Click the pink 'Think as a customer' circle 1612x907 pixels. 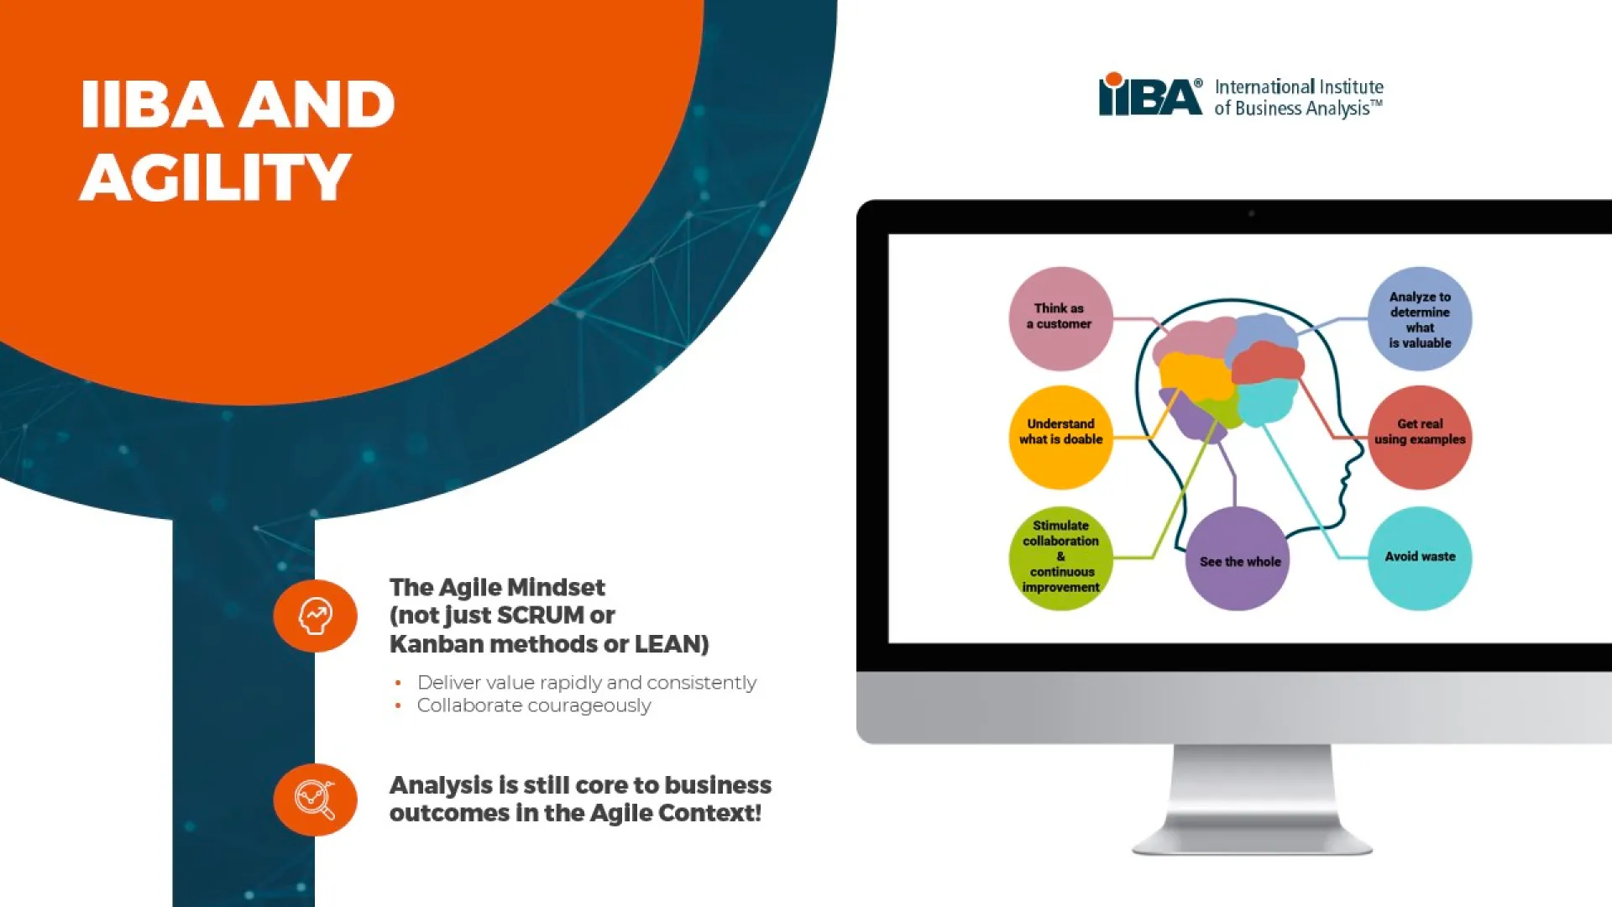[1060, 319]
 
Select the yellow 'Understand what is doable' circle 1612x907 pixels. [1060, 438]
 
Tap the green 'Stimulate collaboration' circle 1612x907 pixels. [1060, 558]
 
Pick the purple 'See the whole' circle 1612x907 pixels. [1238, 558]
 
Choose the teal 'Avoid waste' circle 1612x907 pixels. [1420, 558]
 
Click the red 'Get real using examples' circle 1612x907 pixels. [1420, 438]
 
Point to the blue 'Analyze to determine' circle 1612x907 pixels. [1420, 319]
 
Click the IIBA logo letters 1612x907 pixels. [1150, 94]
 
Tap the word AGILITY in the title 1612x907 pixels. [215, 177]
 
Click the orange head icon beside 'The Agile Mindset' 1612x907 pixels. [316, 616]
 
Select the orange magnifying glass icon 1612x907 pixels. [316, 800]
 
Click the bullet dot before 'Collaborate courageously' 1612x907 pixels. [398, 706]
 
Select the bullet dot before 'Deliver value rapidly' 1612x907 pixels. [398, 684]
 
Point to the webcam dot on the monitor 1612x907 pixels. [1251, 214]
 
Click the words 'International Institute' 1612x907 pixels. [1299, 87]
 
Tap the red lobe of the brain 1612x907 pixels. [1268, 363]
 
